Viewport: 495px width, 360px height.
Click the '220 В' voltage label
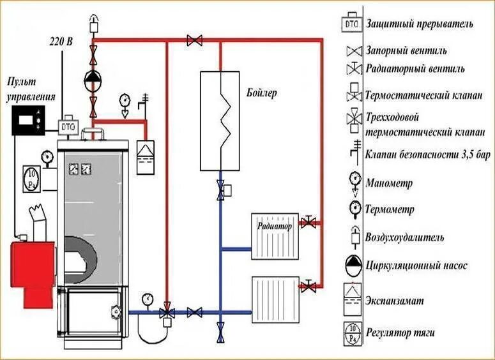61,42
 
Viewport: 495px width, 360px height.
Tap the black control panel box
28,119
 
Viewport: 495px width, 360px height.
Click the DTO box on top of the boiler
68,126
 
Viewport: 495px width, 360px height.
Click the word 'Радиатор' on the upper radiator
275,226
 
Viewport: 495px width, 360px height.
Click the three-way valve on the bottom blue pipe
167,313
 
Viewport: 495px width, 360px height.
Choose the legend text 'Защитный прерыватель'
419,24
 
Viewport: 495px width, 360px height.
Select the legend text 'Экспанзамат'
397,299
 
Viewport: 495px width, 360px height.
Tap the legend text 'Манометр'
389,183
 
